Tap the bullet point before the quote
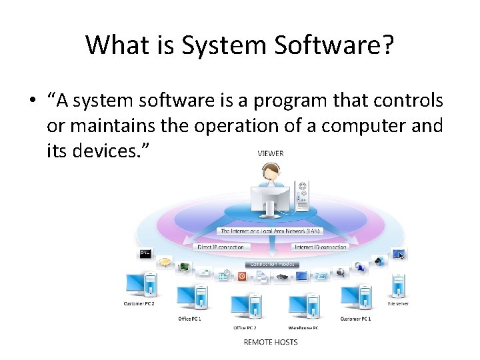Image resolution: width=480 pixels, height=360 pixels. [31, 101]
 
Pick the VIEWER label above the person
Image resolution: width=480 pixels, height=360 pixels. [270, 153]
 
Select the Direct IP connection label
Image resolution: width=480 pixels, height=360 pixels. [221, 247]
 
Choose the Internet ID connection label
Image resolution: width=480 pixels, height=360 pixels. [321, 247]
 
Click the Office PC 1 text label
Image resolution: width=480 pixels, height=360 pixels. [190, 319]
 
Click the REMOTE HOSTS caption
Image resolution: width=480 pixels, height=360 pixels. [270, 342]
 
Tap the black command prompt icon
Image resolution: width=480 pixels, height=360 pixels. [144, 254]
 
